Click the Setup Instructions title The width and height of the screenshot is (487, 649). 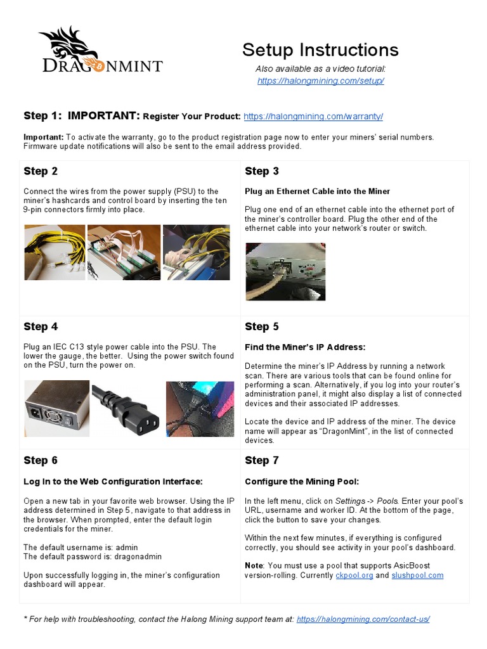[320, 49]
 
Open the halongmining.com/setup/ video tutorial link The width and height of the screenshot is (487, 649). [321, 81]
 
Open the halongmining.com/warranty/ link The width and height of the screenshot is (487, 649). [313, 117]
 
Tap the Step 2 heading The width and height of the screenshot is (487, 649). [41, 171]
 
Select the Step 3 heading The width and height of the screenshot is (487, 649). [262, 171]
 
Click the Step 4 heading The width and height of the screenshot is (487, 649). [41, 327]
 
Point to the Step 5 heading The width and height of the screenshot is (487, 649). [262, 327]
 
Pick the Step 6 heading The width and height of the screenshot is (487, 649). [41, 460]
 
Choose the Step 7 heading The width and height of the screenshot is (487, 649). [262, 460]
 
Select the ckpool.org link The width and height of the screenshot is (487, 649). [354, 575]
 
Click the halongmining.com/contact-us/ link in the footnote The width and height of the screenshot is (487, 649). [363, 619]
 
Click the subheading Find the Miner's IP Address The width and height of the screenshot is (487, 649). [305, 347]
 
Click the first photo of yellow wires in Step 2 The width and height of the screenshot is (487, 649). [54, 252]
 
